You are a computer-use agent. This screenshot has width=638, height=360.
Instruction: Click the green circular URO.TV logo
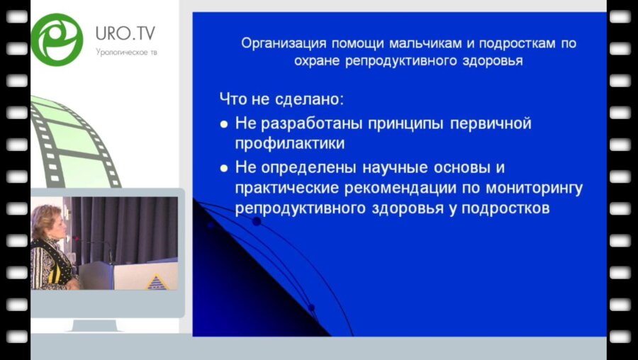click(x=57, y=38)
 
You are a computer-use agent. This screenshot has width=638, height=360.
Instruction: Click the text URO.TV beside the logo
click(x=125, y=32)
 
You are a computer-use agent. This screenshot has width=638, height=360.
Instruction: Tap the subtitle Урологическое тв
click(x=125, y=52)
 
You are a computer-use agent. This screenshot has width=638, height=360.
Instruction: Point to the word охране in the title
click(x=317, y=61)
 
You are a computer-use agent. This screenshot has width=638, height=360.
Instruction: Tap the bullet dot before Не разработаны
click(x=224, y=124)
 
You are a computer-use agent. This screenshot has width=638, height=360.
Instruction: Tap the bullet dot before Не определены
click(x=224, y=169)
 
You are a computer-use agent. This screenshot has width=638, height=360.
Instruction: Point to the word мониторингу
click(x=515, y=189)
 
